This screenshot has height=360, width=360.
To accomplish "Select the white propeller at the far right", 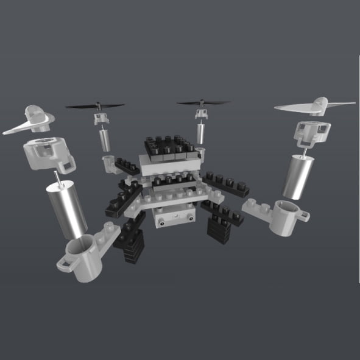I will coord(316,106).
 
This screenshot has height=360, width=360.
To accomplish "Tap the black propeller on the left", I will coord(94,105).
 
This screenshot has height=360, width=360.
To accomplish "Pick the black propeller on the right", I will coord(203,103).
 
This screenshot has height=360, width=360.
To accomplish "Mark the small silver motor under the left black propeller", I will coord(105,139).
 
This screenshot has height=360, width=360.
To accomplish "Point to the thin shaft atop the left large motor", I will coord(57,178).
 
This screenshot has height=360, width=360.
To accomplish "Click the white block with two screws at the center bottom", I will coord(174,217).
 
